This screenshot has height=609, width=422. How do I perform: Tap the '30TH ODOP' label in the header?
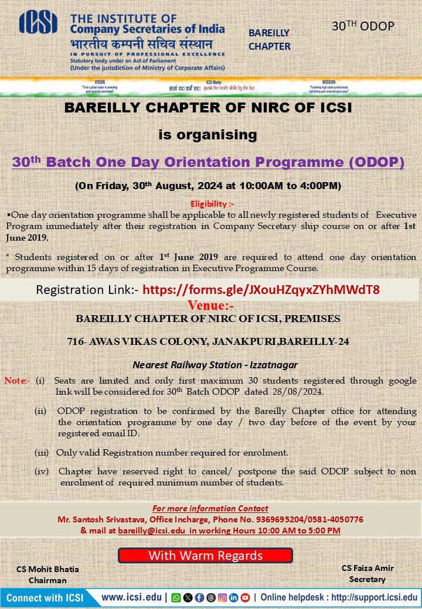click(x=363, y=26)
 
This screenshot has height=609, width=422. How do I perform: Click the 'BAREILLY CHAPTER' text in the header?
click(x=269, y=40)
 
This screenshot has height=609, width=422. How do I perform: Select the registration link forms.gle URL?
click(x=261, y=290)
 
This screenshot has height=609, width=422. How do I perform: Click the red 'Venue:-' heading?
click(x=211, y=306)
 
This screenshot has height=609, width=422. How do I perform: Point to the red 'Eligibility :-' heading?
click(x=211, y=204)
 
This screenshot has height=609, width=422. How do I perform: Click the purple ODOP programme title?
click(x=208, y=162)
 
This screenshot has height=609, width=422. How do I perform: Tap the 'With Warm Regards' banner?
click(x=205, y=555)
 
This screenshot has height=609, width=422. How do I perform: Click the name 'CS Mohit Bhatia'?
click(x=48, y=569)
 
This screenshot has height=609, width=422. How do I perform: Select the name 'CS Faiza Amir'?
click(x=367, y=568)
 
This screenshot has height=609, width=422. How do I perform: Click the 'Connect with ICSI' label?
click(x=45, y=598)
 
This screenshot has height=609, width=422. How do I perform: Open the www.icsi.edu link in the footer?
click(x=133, y=598)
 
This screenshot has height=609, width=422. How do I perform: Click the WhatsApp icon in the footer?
click(x=176, y=598)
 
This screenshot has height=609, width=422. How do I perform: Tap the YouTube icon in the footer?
click(x=245, y=598)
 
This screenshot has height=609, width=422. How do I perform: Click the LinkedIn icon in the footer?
click(x=233, y=598)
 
